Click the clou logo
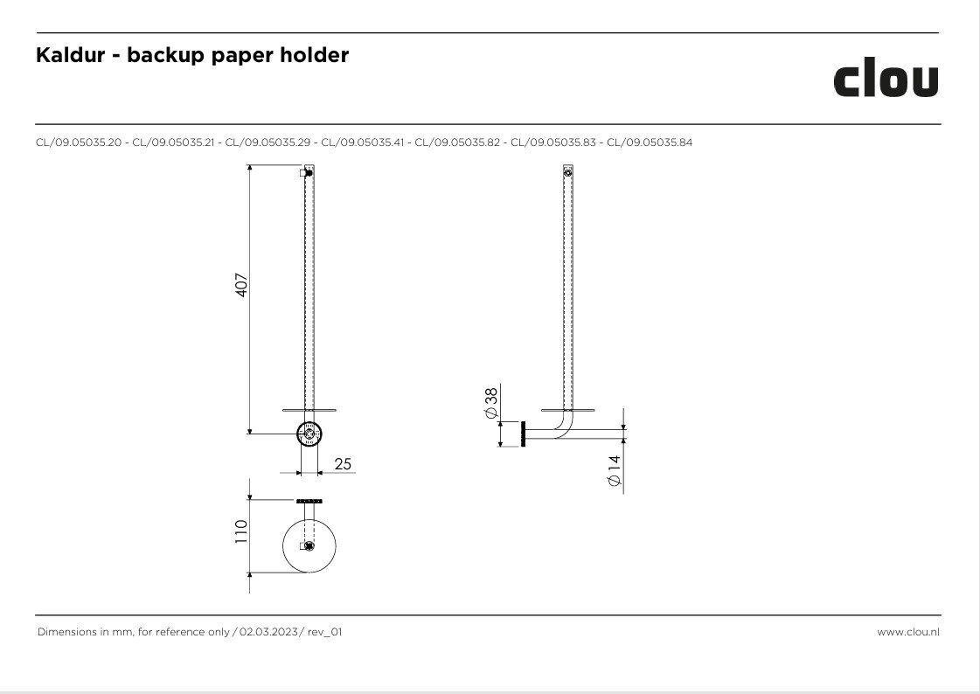coord(886,80)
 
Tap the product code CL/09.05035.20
coord(79,142)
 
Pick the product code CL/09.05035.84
coord(650,142)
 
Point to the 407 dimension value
coord(241,285)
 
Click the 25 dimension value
coord(343,464)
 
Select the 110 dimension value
coord(241,531)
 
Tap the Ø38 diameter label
coord(491,403)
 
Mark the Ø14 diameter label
coord(615,470)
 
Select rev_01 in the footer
coord(324,632)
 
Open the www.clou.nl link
coord(908,632)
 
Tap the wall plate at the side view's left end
coord(523,434)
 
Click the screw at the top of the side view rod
coord(567,172)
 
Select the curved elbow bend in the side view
coord(565,427)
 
